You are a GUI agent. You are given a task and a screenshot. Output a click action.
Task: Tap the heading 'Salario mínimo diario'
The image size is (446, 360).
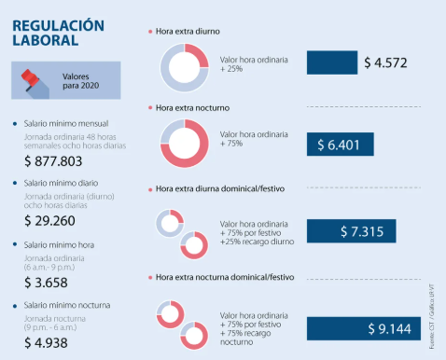[71, 184]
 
